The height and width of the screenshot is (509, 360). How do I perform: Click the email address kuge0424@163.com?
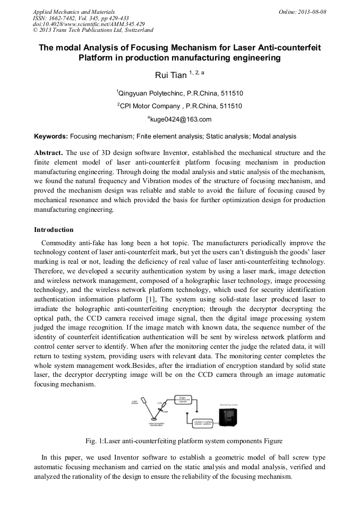pos(181,119)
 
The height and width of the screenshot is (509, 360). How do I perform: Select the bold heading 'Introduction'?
pos(54,230)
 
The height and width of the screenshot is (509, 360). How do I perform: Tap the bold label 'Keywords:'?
pos(50,136)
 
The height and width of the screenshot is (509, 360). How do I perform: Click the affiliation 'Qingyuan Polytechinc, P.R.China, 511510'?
pos(180,93)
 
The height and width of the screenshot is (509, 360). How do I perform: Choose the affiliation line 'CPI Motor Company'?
pos(180,106)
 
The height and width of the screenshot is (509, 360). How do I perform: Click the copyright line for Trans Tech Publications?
pos(93,30)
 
